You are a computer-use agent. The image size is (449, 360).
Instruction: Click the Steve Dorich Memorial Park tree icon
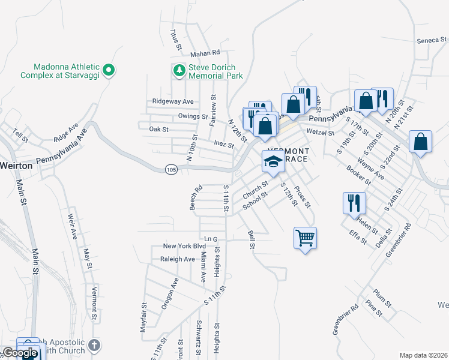coord(179,71)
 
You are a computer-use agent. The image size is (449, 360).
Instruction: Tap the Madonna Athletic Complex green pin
coord(109,71)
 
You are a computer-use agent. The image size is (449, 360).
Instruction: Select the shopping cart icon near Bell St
coord(305,238)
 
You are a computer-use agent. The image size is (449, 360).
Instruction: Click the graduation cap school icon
coord(273,161)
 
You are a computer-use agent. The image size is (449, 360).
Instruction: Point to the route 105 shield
coord(171,170)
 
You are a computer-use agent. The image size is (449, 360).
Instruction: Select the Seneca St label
coord(432,41)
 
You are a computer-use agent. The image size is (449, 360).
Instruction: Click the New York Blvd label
coord(184,247)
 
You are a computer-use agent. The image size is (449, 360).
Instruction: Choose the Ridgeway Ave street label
coord(173,101)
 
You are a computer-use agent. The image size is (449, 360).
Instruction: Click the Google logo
coord(20,353)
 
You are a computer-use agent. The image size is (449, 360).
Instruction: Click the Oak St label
coord(159,129)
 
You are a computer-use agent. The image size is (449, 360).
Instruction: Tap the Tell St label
coord(20,136)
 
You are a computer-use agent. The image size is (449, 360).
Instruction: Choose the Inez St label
coord(223,143)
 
